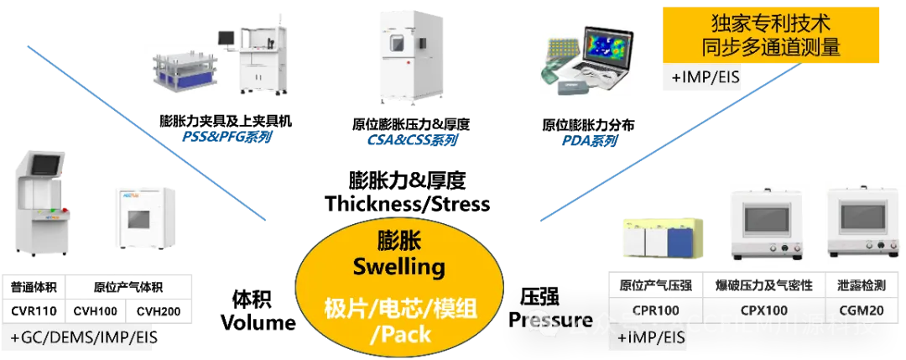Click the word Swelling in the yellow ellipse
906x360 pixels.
point(398,268)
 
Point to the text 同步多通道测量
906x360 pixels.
point(772,46)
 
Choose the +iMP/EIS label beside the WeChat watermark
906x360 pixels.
point(651,338)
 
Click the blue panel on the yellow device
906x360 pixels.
point(678,242)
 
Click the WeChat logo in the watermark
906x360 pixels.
point(541,321)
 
